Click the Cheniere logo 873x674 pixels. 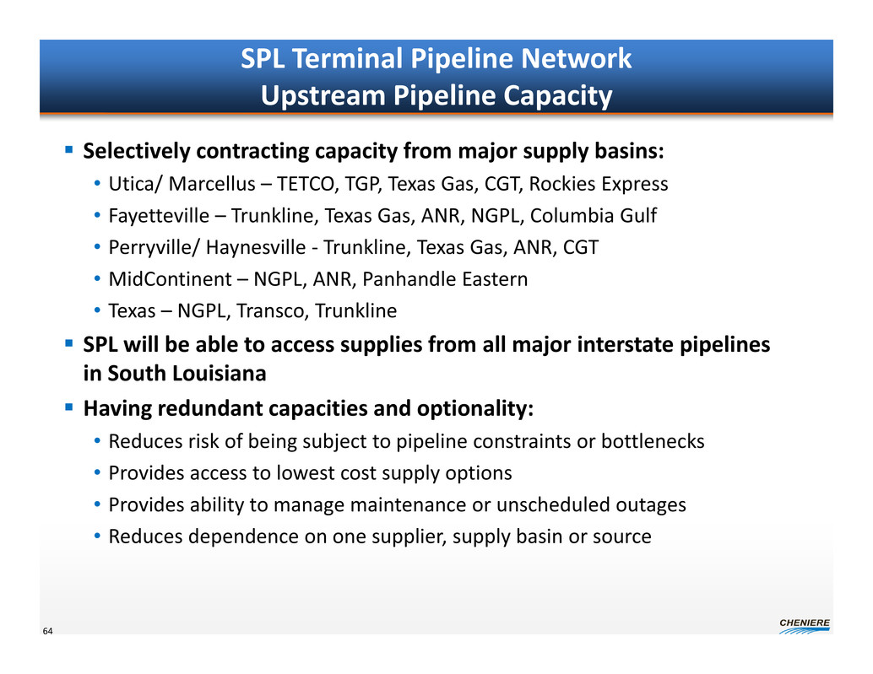[x=805, y=626]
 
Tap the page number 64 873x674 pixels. [x=48, y=631]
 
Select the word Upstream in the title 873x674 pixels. [x=323, y=95]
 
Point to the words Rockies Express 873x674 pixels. [x=599, y=184]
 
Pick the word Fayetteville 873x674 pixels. [x=159, y=216]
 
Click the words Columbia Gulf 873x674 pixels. [x=593, y=215]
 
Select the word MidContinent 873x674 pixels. [x=170, y=278]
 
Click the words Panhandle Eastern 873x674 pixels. [x=445, y=278]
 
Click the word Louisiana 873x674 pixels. [x=214, y=373]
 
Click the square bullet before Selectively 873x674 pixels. [x=69, y=149]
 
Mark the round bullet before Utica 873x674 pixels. [x=97, y=183]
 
